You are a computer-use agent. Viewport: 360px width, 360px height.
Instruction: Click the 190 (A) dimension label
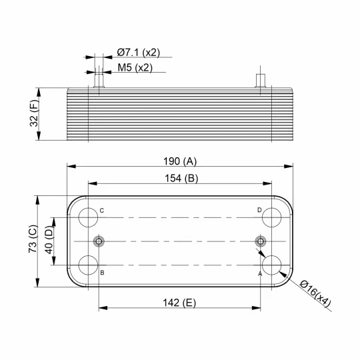[180, 161]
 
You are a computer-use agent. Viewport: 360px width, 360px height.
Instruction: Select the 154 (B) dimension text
[181, 178]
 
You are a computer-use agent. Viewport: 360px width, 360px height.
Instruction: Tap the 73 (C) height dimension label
[33, 239]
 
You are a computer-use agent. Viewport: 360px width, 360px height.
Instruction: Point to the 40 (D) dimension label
[49, 240]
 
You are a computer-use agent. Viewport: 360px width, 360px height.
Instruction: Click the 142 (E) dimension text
[179, 303]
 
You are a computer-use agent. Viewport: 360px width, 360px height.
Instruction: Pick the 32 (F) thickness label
[34, 113]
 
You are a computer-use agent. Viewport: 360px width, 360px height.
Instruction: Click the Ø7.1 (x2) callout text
[139, 53]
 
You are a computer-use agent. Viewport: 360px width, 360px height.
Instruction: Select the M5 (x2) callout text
[135, 67]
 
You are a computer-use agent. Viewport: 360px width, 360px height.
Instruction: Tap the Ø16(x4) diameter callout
[315, 293]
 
